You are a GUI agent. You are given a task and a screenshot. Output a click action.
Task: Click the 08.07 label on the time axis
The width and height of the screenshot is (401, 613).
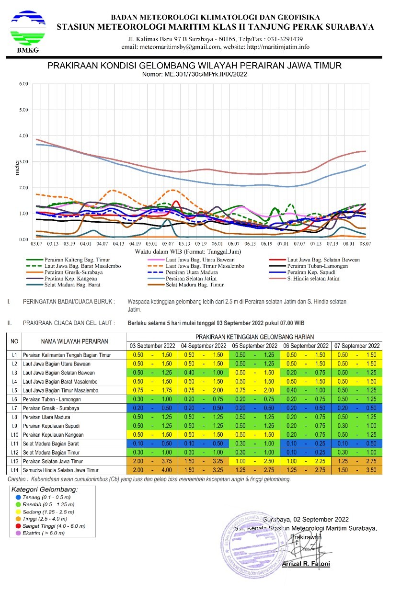point(366,244)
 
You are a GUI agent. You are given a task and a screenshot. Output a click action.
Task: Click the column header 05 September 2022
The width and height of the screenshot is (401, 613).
point(255,346)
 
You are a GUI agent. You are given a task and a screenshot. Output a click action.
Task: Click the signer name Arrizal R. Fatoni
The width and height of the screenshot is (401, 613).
point(306,564)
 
